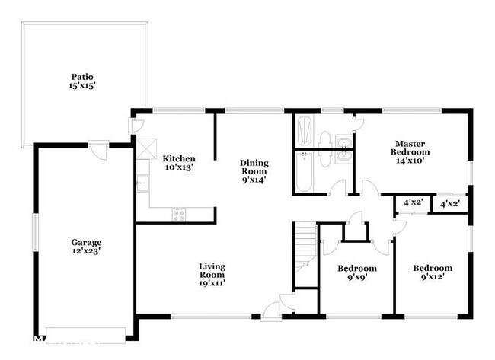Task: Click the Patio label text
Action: pyautogui.click(x=82, y=77)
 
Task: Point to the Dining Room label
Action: pyautogui.click(x=254, y=171)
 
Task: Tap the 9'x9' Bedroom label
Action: pyautogui.click(x=356, y=273)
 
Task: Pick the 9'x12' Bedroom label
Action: pyautogui.click(x=433, y=273)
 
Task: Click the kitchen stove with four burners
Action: pyautogui.click(x=179, y=215)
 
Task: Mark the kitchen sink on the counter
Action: pyautogui.click(x=142, y=183)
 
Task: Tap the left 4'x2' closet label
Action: pyautogui.click(x=413, y=202)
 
